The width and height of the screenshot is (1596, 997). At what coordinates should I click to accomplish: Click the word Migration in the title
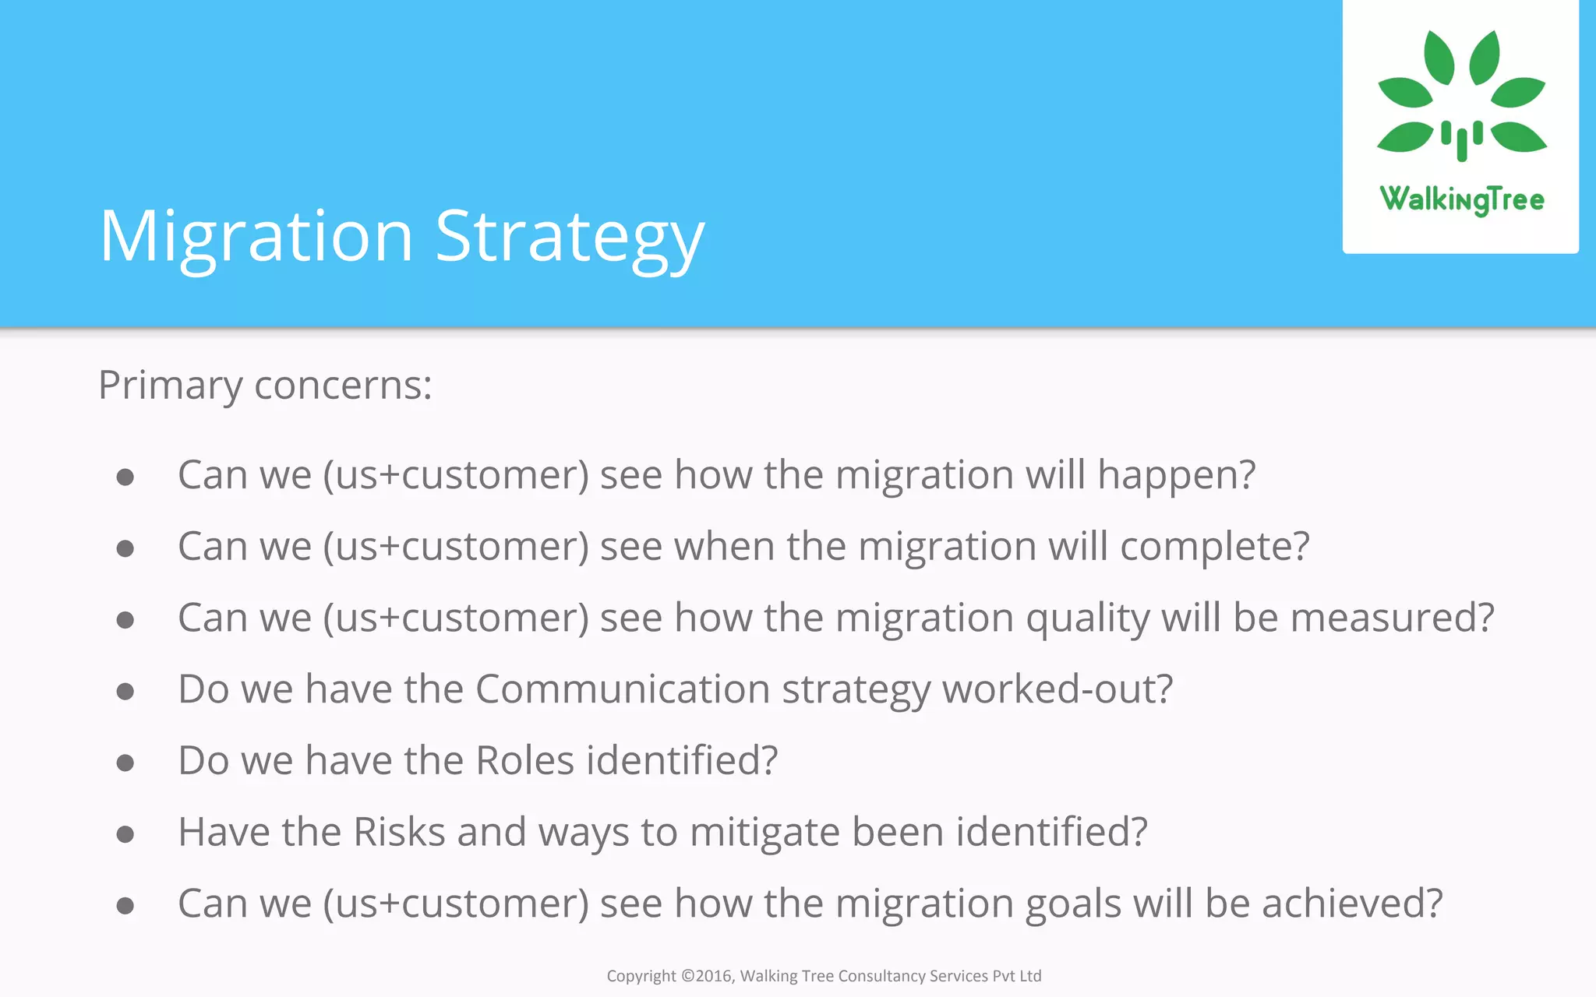tap(256, 237)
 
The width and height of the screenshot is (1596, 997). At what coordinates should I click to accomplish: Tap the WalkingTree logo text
tap(1461, 199)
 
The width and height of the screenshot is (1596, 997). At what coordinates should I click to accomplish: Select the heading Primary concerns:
tap(265, 385)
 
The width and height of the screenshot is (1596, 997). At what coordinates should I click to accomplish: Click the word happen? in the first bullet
tap(1176, 475)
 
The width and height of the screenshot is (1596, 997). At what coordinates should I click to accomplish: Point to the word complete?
tap(1215, 547)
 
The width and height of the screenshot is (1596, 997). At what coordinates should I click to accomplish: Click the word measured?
tap(1392, 618)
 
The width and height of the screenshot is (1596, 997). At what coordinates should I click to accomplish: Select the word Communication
tap(623, 689)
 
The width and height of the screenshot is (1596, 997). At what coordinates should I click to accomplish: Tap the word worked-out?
tap(1057, 689)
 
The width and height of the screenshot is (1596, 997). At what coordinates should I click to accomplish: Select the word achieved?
tap(1352, 904)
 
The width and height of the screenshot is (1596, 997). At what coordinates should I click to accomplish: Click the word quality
tap(1087, 619)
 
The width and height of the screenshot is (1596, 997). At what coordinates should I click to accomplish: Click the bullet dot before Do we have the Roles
tap(125, 763)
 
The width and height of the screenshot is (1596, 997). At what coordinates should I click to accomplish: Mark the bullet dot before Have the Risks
tap(125, 834)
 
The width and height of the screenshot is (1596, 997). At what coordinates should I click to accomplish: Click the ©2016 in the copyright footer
tap(706, 976)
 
